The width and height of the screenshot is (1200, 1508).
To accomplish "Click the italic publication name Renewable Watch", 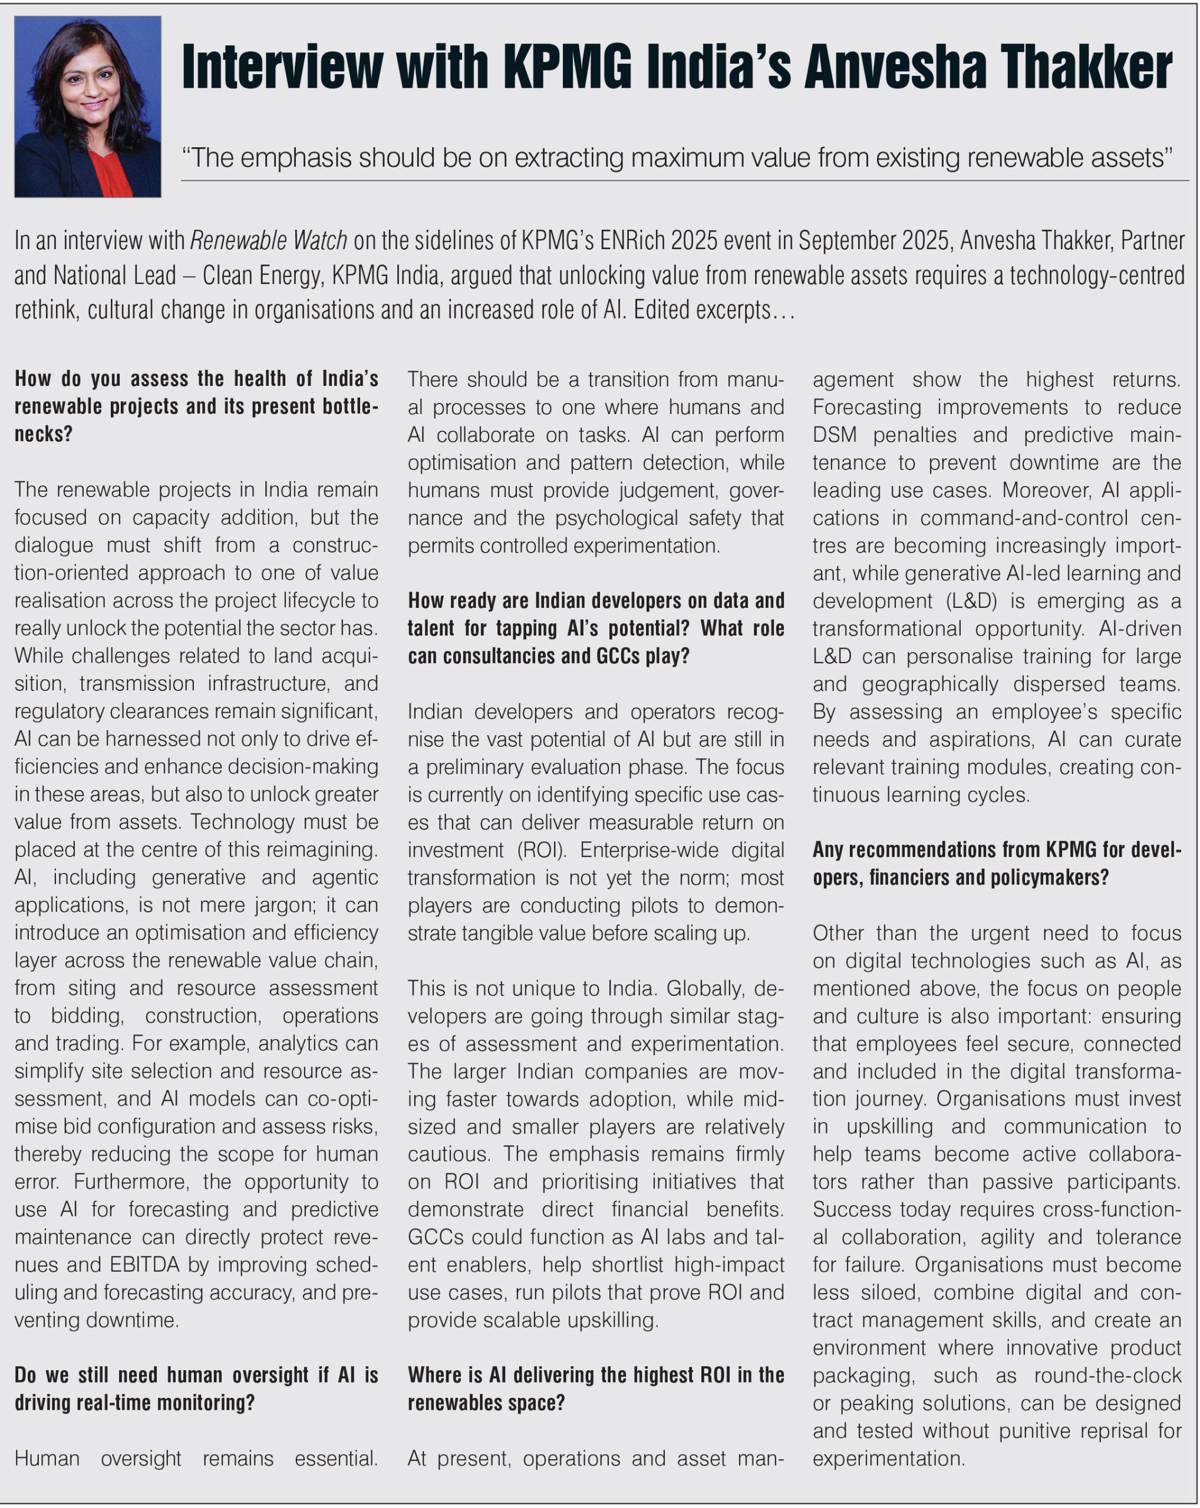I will tap(269, 240).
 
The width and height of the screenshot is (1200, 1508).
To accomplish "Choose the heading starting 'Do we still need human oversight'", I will tap(196, 1388).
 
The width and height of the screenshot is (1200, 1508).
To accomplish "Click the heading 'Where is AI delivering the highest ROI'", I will tap(595, 1388).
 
